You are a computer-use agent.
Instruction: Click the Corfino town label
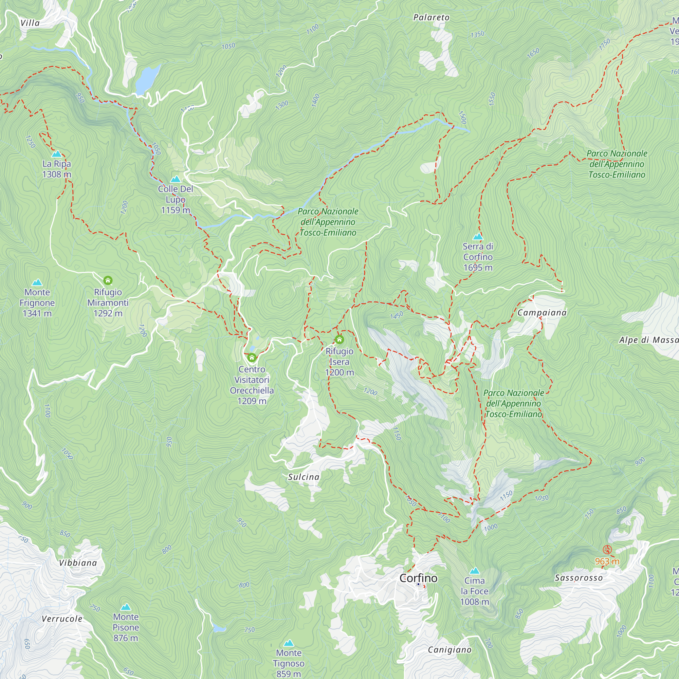418,578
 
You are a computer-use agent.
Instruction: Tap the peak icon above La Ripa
57,154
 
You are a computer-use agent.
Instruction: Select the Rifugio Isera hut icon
339,339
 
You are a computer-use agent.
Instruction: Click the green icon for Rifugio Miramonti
108,280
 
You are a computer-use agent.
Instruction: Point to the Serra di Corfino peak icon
478,236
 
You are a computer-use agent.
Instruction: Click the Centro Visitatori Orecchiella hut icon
252,358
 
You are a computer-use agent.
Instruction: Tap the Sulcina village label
304,477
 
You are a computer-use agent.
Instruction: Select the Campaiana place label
542,313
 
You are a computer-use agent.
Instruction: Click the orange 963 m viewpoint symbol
607,550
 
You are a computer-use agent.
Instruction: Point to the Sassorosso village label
579,578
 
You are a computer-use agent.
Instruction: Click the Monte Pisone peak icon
126,607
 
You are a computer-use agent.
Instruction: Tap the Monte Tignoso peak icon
289,643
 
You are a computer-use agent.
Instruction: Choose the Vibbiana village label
78,563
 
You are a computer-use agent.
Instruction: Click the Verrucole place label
62,619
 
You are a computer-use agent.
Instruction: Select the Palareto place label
431,18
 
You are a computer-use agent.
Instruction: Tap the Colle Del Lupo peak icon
176,179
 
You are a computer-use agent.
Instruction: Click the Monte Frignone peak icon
37,282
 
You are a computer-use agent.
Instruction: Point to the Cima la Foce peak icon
475,570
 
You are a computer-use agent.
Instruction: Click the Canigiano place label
449,650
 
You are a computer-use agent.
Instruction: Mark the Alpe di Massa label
648,340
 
